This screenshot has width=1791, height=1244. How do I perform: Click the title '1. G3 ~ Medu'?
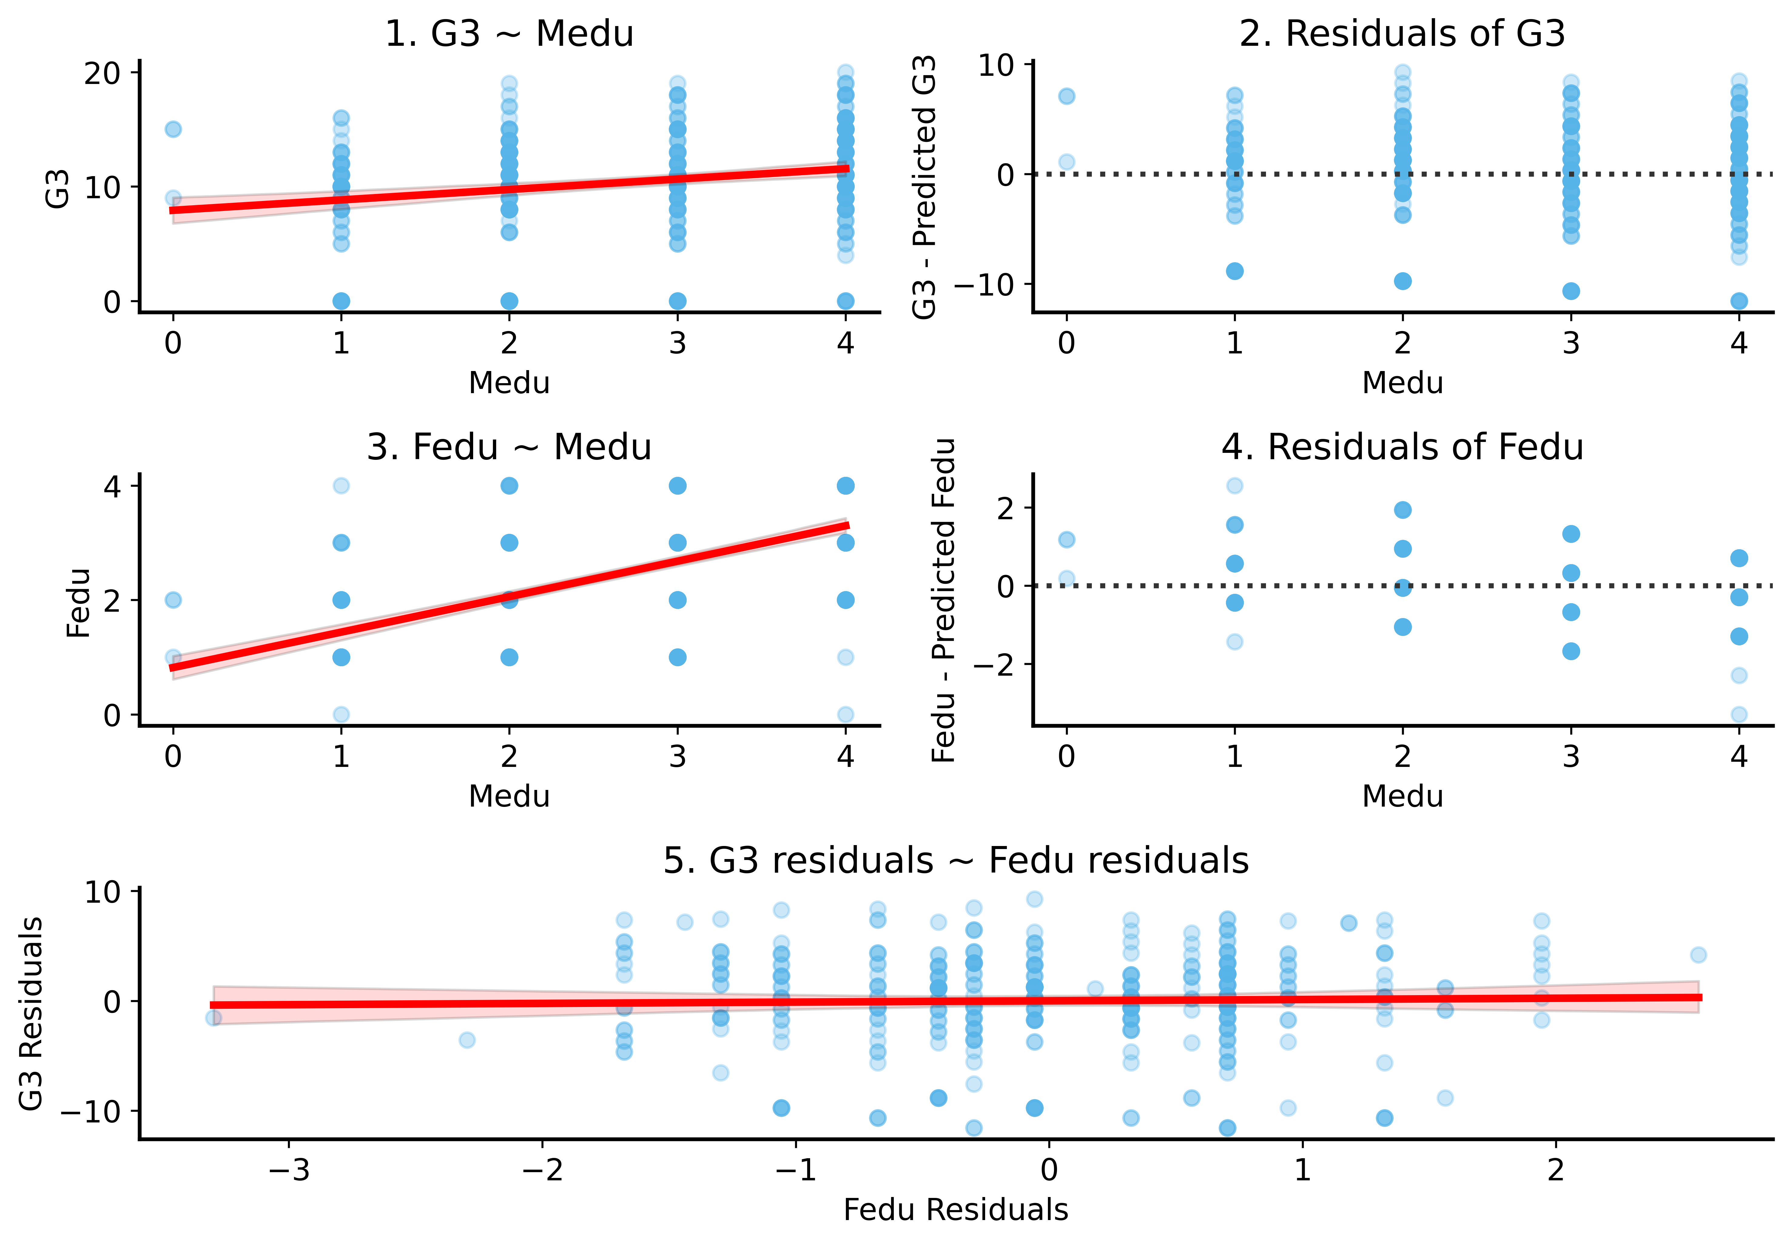point(509,34)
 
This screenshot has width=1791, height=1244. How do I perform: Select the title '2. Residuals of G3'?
point(1402,34)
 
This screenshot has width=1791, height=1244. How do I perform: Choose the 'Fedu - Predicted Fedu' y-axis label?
point(944,600)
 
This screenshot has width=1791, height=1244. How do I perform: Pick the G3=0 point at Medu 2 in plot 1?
point(509,301)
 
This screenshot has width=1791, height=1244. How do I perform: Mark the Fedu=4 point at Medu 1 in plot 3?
point(341,486)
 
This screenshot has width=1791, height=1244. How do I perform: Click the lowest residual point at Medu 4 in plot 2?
point(1739,301)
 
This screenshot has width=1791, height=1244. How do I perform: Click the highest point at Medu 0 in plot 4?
point(1067,539)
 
